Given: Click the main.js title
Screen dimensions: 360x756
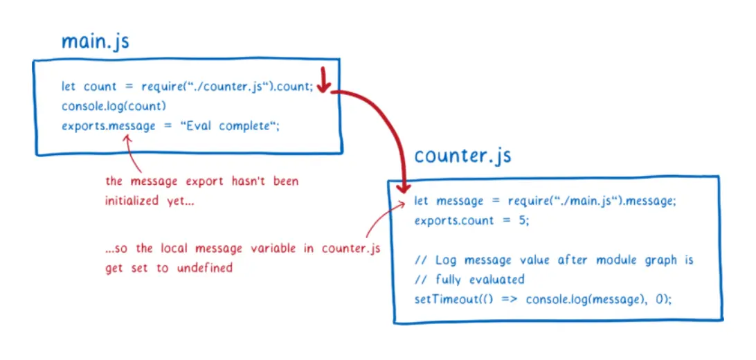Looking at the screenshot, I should click(x=95, y=41).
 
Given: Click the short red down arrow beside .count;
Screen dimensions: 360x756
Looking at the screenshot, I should click(x=322, y=78).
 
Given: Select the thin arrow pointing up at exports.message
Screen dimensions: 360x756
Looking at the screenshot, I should click(x=131, y=152).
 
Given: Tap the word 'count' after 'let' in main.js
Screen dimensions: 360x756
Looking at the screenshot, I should click(x=100, y=87).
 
